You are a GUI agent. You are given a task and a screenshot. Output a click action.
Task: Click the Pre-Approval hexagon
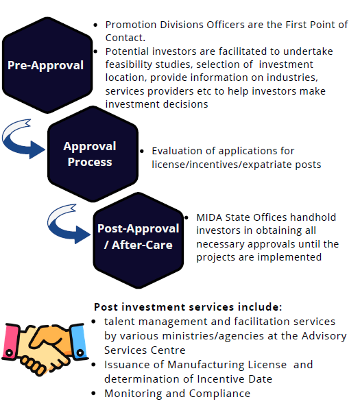point(47,65)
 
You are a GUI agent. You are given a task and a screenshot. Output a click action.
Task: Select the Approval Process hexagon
point(93,154)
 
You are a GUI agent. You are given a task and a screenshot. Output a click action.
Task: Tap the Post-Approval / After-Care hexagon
point(139,241)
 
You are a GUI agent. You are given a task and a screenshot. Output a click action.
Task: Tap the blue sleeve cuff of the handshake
point(79,341)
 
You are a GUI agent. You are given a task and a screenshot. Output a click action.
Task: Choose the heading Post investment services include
point(188,307)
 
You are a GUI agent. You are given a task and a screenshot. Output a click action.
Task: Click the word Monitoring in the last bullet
point(133,394)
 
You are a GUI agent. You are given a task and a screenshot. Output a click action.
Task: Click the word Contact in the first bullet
point(125,38)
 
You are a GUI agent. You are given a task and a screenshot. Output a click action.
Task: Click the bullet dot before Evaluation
point(142,151)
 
